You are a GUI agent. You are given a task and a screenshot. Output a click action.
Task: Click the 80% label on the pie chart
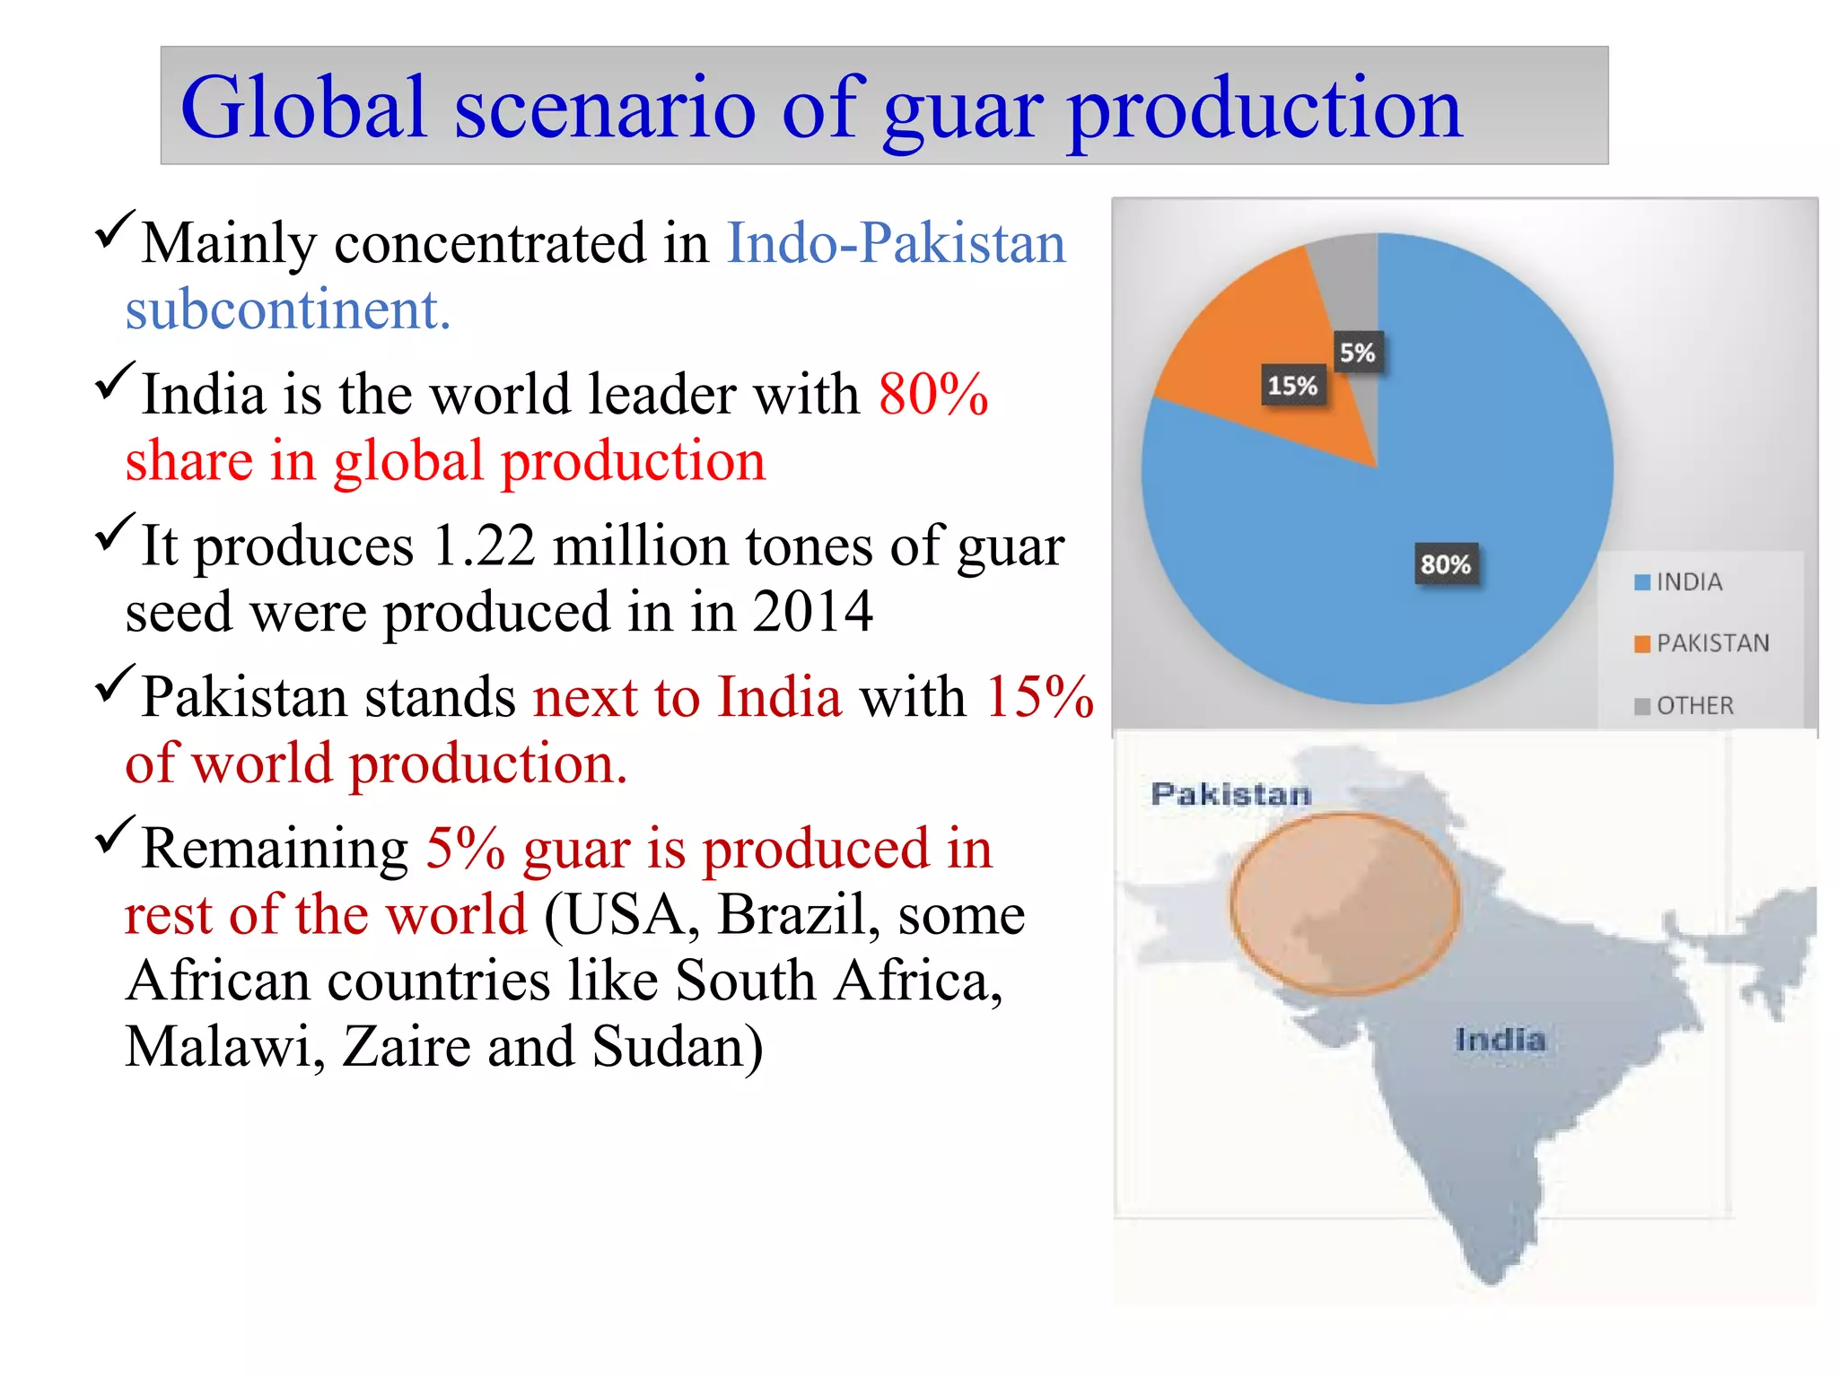tap(1445, 565)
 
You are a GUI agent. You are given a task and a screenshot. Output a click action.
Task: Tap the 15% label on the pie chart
tap(1292, 387)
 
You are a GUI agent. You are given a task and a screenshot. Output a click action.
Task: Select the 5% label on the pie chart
tap(1357, 353)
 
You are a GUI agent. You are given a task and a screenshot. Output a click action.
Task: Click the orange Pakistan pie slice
tap(1256, 341)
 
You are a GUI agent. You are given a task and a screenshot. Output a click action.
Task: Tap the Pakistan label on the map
tap(1230, 794)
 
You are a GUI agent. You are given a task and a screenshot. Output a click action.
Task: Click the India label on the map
tap(1501, 1040)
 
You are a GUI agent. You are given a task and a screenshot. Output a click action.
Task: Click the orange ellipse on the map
tap(1344, 903)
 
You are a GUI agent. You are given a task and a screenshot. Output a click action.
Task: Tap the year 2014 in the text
tap(812, 612)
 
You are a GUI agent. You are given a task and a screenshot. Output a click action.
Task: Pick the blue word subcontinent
tap(287, 310)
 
